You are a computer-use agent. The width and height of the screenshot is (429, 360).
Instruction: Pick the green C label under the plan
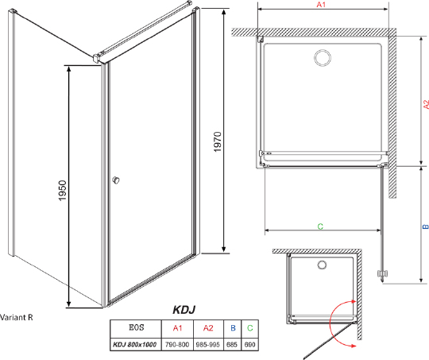(x=320, y=226)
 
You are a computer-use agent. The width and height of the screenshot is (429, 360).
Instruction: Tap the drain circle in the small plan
(x=322, y=265)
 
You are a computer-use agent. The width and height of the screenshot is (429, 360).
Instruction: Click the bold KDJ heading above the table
(x=184, y=311)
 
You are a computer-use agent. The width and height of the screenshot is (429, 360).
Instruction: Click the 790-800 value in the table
(x=177, y=343)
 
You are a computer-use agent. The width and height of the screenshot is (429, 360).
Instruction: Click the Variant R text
(x=17, y=315)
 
